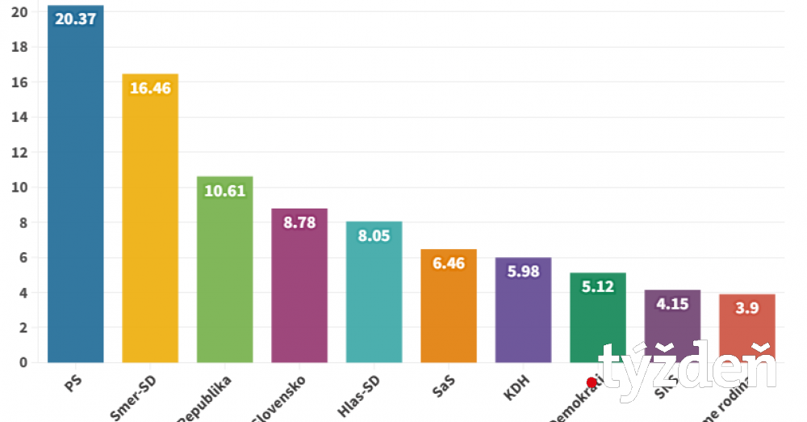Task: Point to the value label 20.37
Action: tap(76, 19)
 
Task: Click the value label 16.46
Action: tap(150, 88)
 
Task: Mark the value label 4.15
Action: tap(672, 303)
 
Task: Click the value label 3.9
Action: tap(747, 308)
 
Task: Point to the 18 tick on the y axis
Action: tap(20, 47)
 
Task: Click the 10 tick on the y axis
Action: tap(20, 188)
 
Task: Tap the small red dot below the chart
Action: tap(592, 383)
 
